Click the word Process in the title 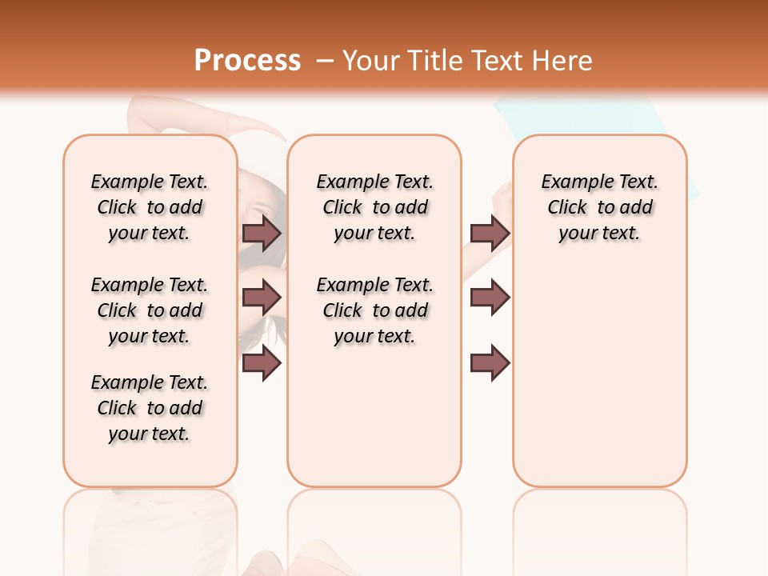tap(247, 60)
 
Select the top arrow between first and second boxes tap(262, 233)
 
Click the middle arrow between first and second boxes tap(262, 298)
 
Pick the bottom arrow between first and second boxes tap(262, 363)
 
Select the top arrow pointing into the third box tap(490, 233)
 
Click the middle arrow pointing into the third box tap(490, 298)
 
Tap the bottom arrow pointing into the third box tap(490, 363)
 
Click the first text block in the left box tap(150, 207)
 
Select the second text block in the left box tap(150, 310)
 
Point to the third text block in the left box tap(150, 408)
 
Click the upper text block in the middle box tap(374, 207)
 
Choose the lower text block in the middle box tap(374, 310)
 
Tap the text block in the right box tap(599, 207)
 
